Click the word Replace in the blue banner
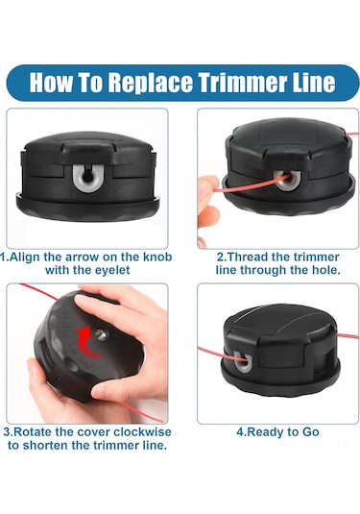point(151,83)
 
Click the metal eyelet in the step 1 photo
point(87,178)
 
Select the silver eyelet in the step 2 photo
point(288,181)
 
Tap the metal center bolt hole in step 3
point(101,334)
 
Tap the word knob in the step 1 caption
point(157,257)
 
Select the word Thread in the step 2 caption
point(246,257)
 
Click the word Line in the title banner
point(317,82)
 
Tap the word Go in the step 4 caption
point(310,432)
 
